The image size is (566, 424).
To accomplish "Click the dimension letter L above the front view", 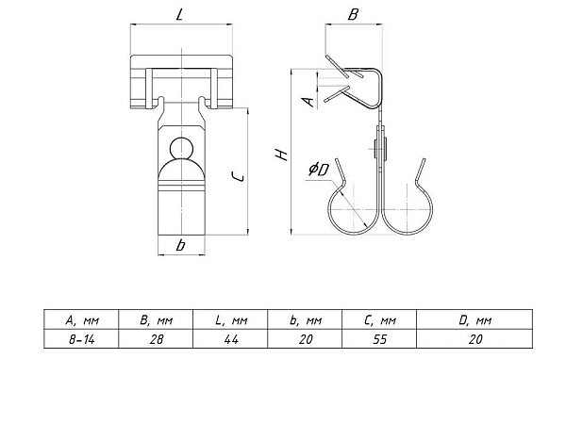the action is point(180,14).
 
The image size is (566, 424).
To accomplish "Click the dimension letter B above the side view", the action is point(353,14).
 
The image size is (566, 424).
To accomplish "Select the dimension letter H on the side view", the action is point(281,155).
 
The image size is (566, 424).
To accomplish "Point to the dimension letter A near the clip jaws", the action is point(309,102).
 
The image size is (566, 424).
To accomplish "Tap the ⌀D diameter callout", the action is point(319,169).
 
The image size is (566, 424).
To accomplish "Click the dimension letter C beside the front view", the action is point(238,177).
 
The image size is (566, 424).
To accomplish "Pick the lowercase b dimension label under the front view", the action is point(180,245).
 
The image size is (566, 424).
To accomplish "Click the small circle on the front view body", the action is point(181,148).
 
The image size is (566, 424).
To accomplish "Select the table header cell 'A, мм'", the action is point(81,319).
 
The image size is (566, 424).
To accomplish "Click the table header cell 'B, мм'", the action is point(156,319).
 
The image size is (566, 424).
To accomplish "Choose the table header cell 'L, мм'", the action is point(230,319).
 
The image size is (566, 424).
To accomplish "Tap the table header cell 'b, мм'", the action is point(305,319).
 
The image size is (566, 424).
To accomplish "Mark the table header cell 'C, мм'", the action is point(379,319).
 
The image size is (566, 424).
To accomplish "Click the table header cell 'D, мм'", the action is point(474,319).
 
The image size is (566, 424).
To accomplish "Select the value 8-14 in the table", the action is point(81,339).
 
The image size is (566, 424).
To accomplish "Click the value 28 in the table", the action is point(157,339).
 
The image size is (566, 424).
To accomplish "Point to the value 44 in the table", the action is point(231,339).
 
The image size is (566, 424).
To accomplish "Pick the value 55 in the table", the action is point(380,339).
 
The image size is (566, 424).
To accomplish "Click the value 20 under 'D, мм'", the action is point(475,339).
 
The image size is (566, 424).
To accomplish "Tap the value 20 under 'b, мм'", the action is point(306,339).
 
